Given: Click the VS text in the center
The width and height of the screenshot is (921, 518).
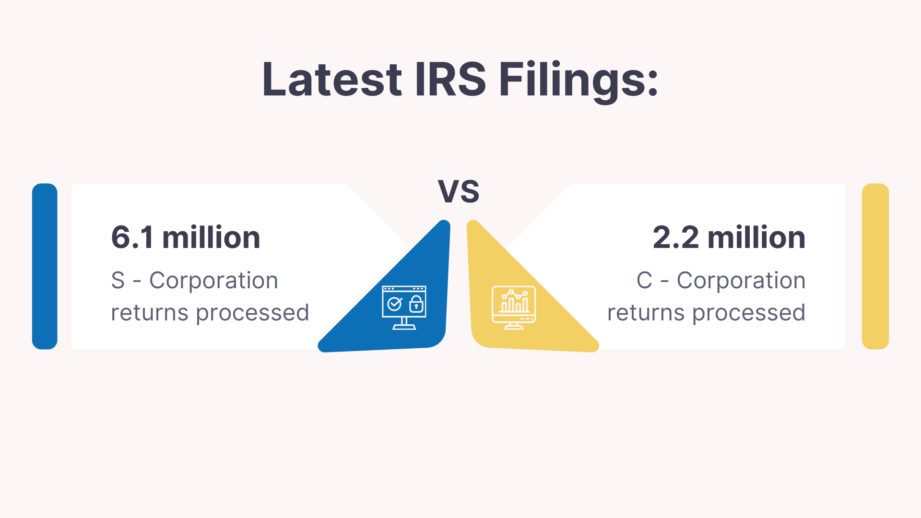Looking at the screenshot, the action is point(459,191).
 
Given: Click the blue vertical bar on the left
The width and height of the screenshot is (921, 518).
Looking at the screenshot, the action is point(45,266).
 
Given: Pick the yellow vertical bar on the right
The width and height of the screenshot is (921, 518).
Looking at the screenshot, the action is point(875,266).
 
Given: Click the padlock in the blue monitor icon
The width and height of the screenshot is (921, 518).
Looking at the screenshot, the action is point(416,304).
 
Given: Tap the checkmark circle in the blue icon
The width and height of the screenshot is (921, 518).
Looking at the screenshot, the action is point(394,304).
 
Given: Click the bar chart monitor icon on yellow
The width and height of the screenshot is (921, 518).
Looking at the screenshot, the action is point(514,307).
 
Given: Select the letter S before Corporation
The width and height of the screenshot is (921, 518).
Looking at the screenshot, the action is point(118,280).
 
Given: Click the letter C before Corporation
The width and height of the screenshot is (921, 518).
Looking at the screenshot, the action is point(644,280).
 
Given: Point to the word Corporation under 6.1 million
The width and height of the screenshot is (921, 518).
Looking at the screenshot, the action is point(214,281).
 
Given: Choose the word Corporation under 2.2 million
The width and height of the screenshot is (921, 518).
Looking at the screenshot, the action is point(741,281).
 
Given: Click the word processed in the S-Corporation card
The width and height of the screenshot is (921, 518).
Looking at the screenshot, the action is point(252,313).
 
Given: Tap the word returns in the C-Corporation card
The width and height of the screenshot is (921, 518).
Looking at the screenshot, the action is point(646,313).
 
